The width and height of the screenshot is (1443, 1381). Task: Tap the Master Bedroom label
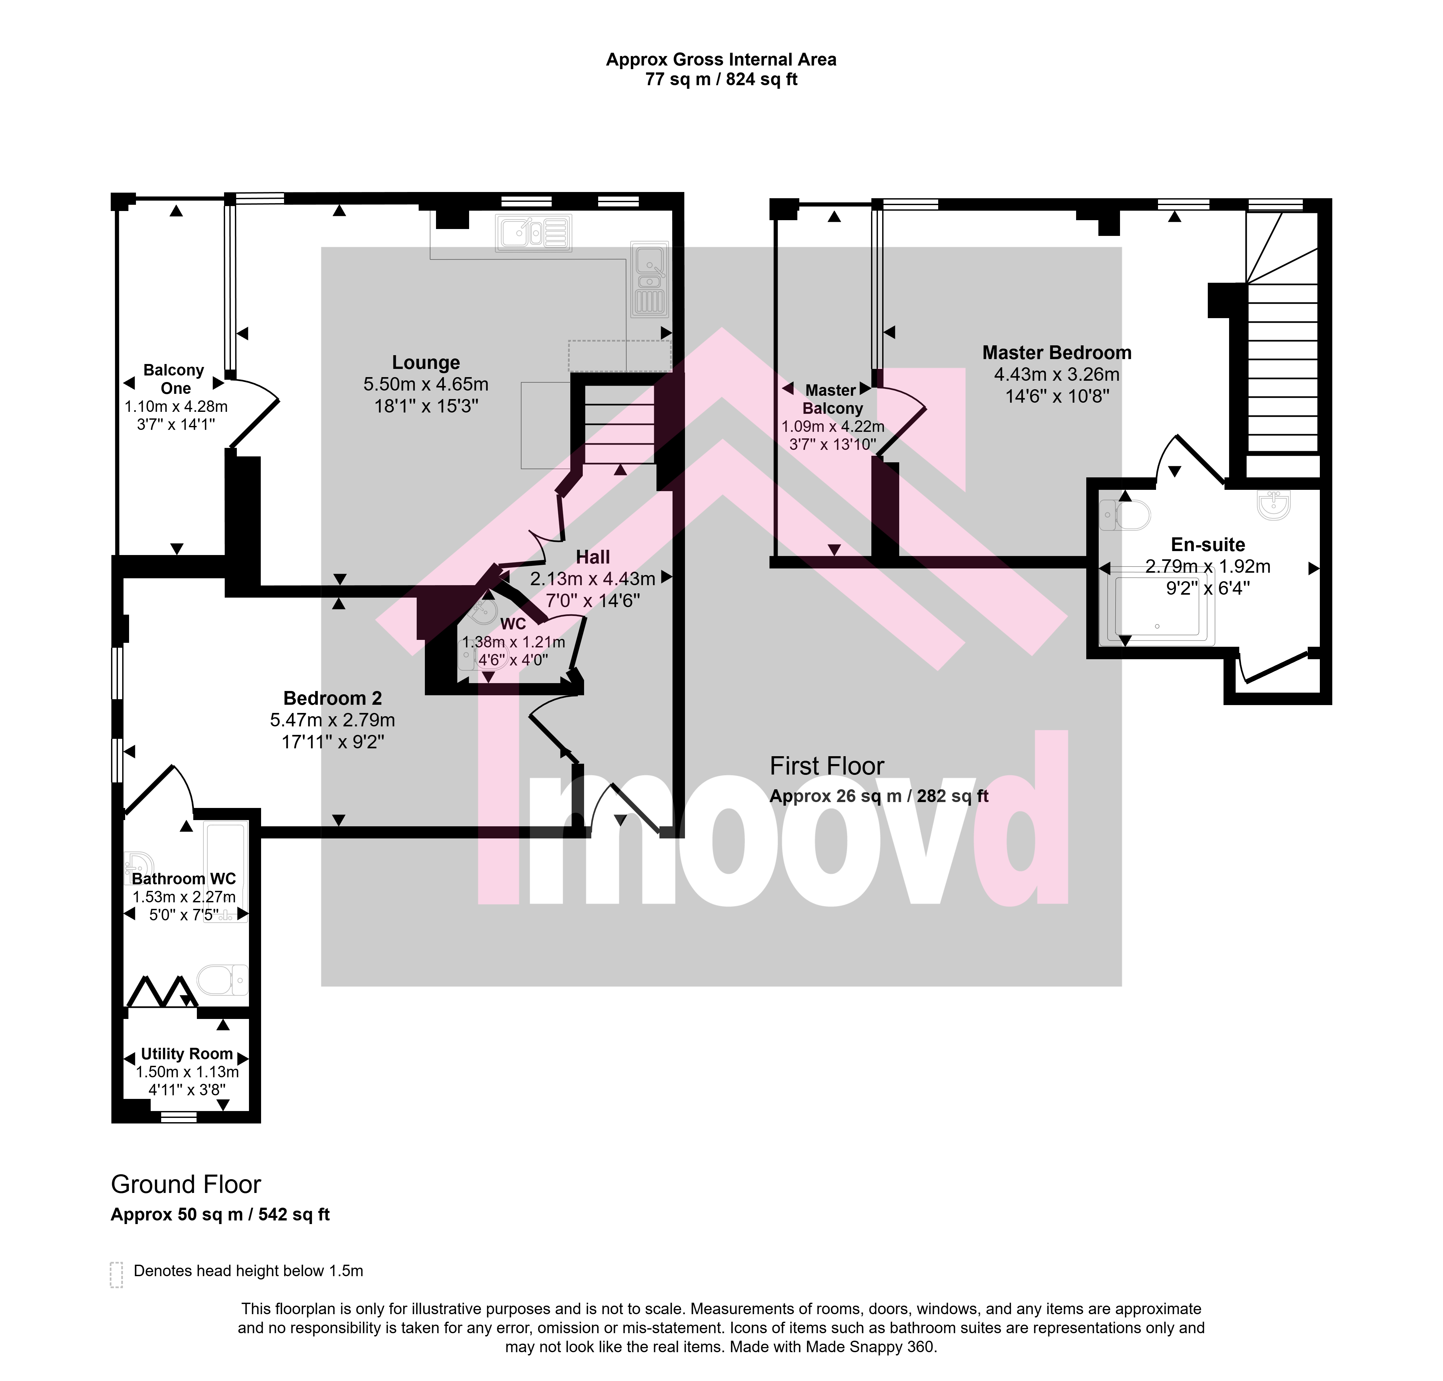point(1057,353)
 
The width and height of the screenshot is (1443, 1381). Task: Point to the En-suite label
point(1208,545)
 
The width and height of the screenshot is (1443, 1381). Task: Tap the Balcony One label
point(174,379)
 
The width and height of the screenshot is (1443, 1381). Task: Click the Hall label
point(593,557)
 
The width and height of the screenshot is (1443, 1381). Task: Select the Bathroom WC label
point(184,878)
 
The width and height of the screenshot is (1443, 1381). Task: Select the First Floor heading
point(826,766)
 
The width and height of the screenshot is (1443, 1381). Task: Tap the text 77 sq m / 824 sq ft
point(721,80)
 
